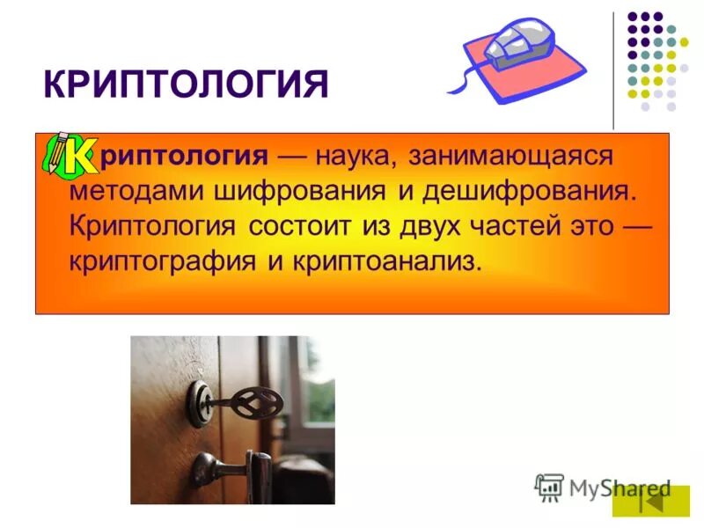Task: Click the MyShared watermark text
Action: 620,488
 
